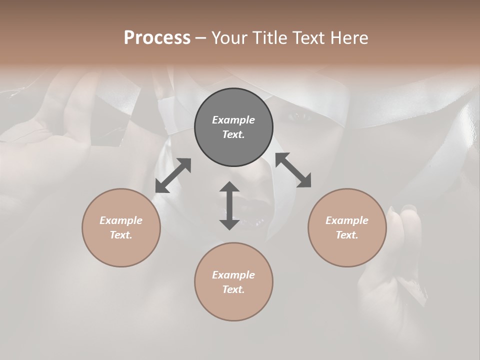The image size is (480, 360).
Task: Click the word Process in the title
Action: [x=157, y=38]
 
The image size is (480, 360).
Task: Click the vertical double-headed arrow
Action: [x=229, y=205]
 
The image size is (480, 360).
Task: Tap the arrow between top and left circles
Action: [x=173, y=175]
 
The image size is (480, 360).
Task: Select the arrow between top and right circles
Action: [x=293, y=170]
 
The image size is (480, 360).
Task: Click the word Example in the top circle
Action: [x=233, y=120]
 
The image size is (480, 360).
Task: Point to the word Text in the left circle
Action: [x=121, y=235]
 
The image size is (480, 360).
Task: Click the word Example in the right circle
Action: [x=347, y=220]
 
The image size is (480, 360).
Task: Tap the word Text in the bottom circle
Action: [x=233, y=289]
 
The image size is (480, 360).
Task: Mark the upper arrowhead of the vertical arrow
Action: [x=229, y=187]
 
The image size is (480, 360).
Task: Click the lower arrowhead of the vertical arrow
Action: [x=229, y=224]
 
